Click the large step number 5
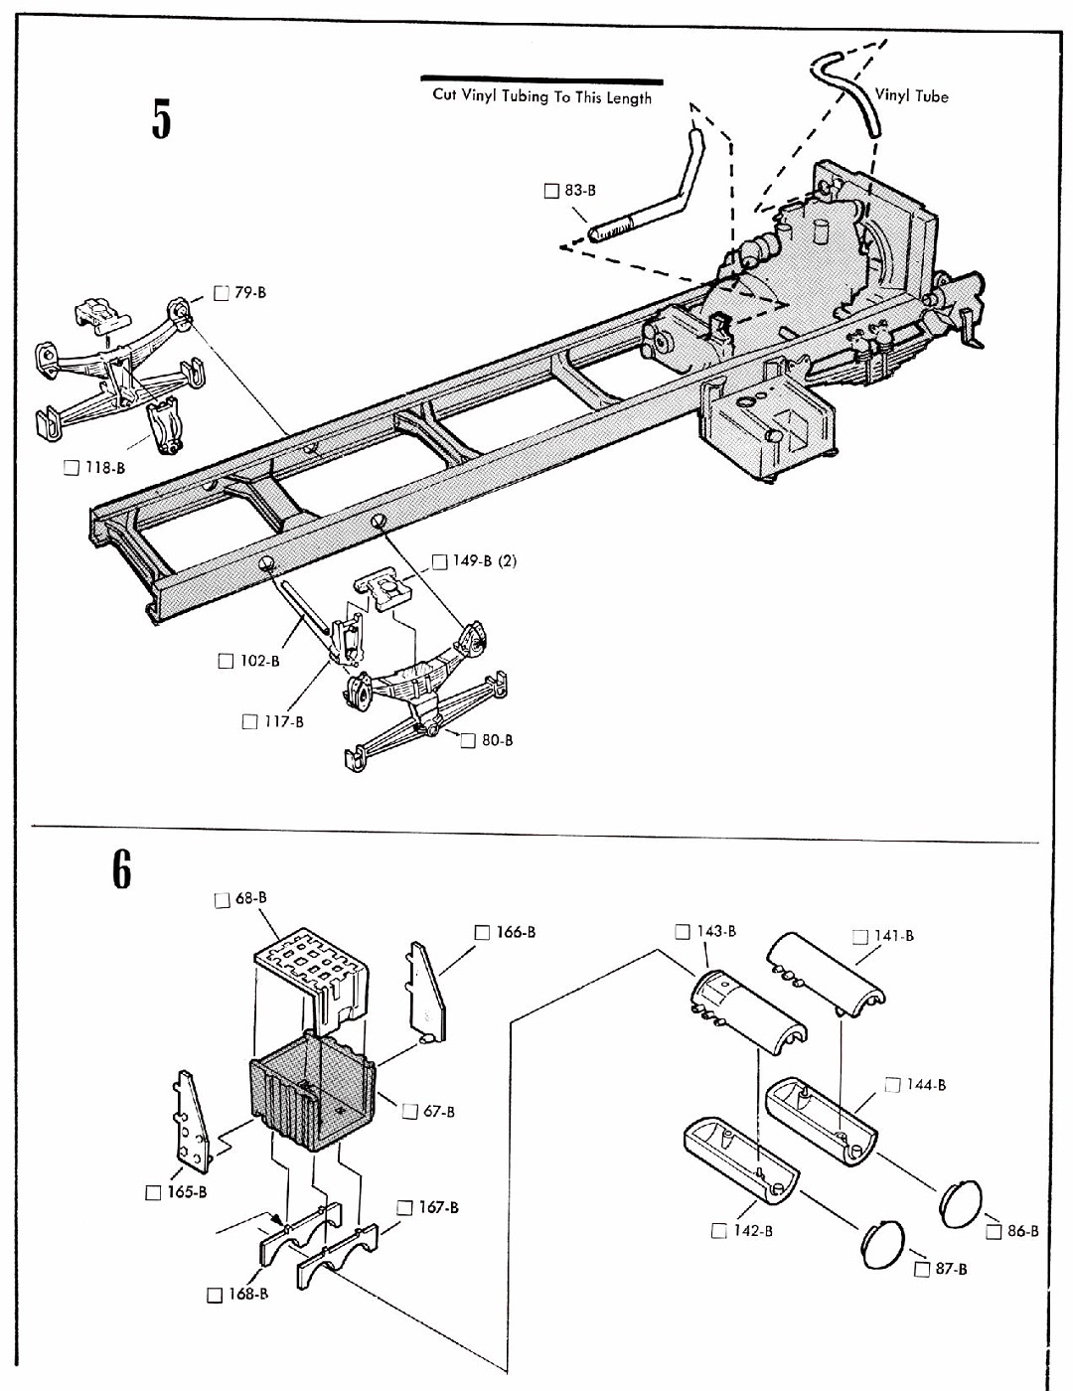pyautogui.click(x=161, y=119)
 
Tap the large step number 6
pyautogui.click(x=121, y=869)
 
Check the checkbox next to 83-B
pyautogui.click(x=550, y=191)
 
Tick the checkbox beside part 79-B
pyautogui.click(x=222, y=293)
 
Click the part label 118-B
pyautogui.click(x=105, y=468)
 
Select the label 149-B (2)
pyautogui.click(x=485, y=561)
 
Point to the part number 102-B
pyautogui.click(x=259, y=661)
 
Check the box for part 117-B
pyautogui.click(x=249, y=722)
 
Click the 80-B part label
pyautogui.click(x=497, y=740)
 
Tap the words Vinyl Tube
pyautogui.click(x=911, y=96)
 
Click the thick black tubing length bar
pyautogui.click(x=541, y=79)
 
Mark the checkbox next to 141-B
pyautogui.click(x=860, y=937)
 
